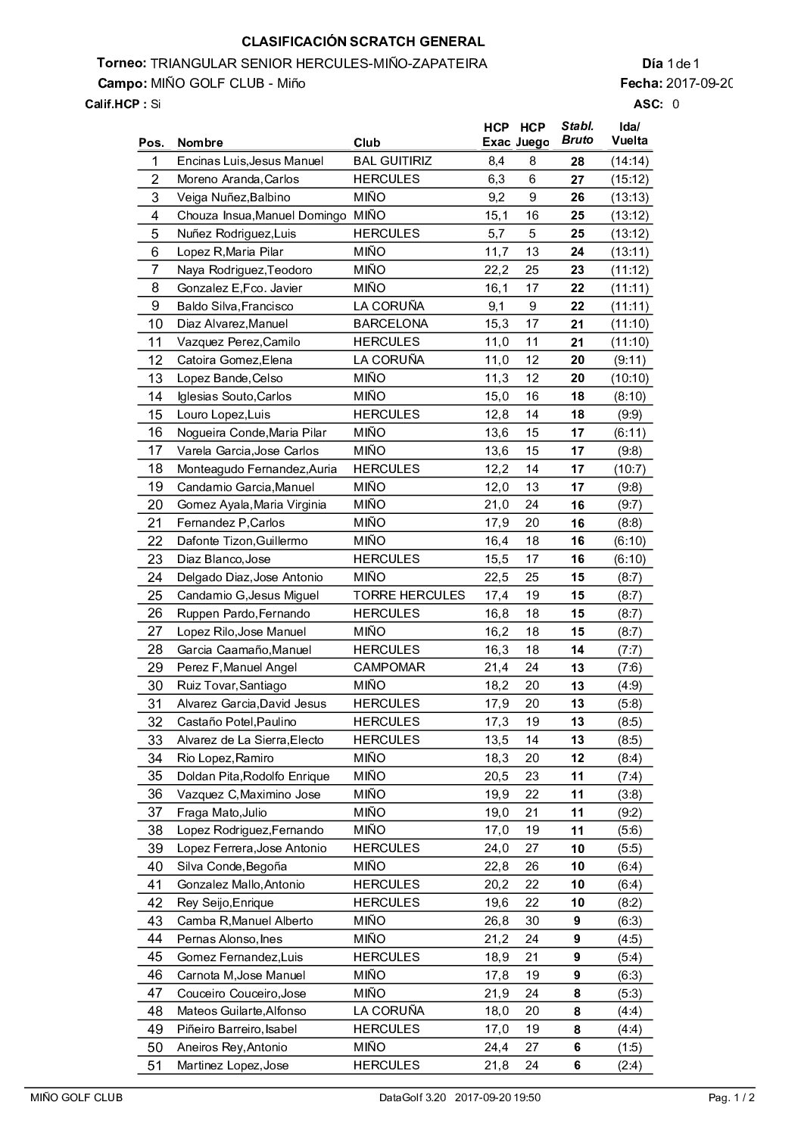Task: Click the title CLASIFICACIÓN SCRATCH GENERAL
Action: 363,42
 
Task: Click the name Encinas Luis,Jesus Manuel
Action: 250,160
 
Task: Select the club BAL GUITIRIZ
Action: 392,160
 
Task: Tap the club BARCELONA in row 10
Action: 390,323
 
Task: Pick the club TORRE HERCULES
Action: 409,595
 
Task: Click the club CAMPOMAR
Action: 389,667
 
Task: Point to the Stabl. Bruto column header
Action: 577,133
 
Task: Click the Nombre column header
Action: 200,142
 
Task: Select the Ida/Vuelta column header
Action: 629,133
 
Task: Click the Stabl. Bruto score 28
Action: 577,161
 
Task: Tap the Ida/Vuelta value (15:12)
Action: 629,179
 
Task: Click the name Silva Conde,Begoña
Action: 232,866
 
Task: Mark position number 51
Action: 155,1066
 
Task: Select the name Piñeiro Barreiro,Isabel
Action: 236,1029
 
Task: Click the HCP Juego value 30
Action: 532,920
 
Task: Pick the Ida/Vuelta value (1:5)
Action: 629,1047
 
